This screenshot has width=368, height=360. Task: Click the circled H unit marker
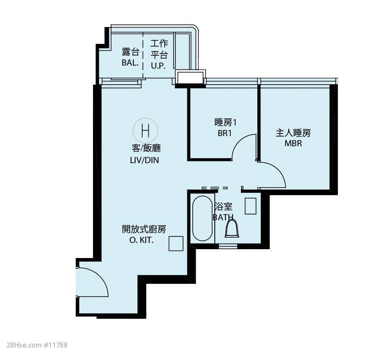(145, 130)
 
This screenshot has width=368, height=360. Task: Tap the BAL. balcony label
(130, 63)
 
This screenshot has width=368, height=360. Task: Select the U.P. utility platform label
(159, 66)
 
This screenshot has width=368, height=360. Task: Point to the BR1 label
(225, 133)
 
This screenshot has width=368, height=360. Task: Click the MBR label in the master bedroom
(293, 143)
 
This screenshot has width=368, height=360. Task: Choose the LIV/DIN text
(144, 160)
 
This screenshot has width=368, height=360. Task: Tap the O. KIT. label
(141, 240)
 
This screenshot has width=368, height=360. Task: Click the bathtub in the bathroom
(202, 218)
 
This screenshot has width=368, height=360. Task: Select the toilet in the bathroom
(232, 228)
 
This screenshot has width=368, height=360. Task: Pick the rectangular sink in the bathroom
(250, 206)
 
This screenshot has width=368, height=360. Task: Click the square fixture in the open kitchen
(176, 243)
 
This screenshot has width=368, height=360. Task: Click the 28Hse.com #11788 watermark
(37, 345)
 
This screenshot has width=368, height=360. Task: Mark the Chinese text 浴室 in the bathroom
(223, 207)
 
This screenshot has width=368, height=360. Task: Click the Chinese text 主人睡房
(293, 133)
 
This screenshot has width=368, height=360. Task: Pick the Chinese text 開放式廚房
(144, 229)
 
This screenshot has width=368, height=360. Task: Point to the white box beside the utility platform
(190, 77)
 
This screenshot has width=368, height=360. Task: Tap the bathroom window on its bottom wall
(228, 246)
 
